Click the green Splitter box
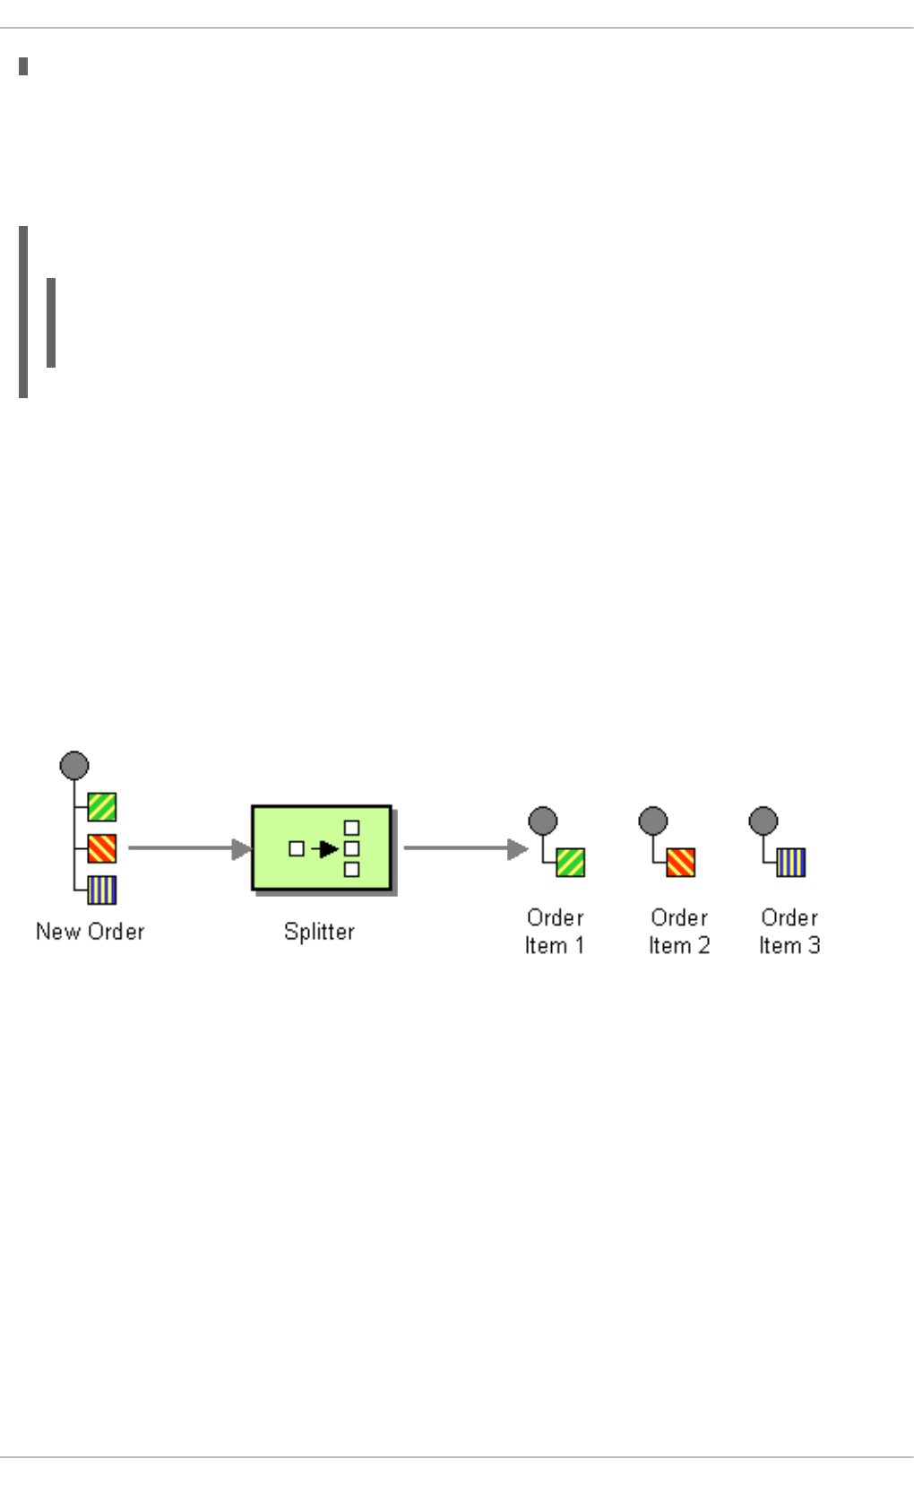[x=321, y=847]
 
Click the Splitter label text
[x=319, y=932]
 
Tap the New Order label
[x=90, y=932]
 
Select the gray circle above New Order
[x=74, y=766]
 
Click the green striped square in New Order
[x=102, y=807]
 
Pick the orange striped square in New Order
[x=102, y=848]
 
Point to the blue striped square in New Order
[x=102, y=890]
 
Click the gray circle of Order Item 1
[x=543, y=821]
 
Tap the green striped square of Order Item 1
[x=571, y=863]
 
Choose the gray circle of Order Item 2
[x=653, y=821]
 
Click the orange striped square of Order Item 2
[x=681, y=863]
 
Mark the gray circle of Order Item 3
[x=763, y=821]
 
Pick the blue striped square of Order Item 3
[x=791, y=863]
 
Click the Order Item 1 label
[x=555, y=932]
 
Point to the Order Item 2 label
[x=679, y=932]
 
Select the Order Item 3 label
[x=789, y=932]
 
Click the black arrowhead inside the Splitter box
[x=328, y=848]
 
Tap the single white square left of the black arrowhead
[x=297, y=848]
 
